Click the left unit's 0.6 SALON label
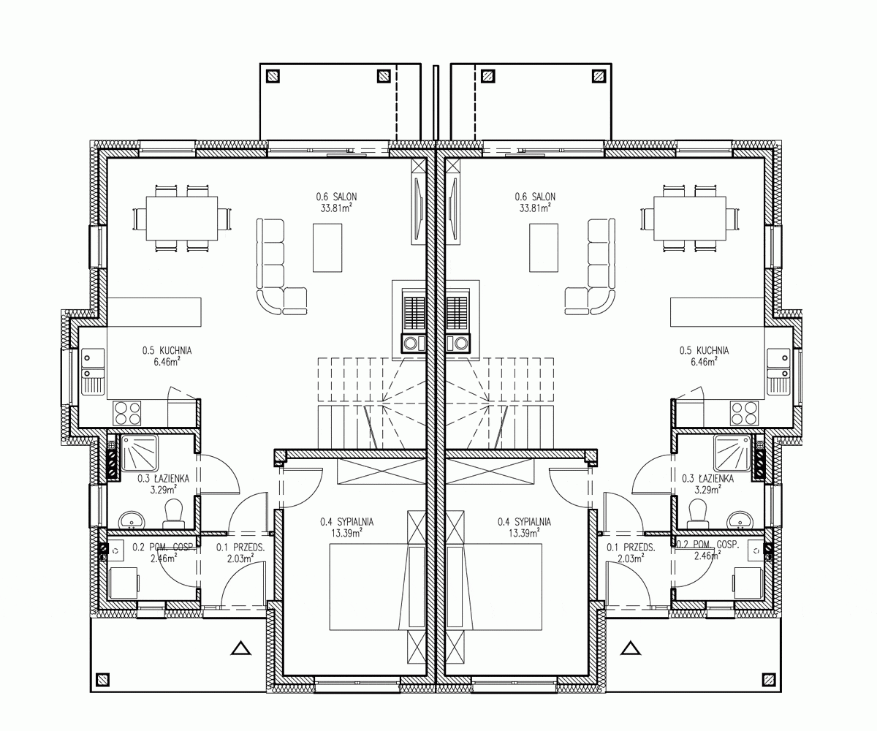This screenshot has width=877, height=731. click(x=336, y=197)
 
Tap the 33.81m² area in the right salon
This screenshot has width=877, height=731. click(x=535, y=208)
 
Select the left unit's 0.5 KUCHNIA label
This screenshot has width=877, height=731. click(x=167, y=350)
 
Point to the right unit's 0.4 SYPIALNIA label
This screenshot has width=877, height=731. click(x=524, y=522)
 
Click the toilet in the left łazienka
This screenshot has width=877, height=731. click(x=173, y=513)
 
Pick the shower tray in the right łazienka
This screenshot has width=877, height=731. click(x=732, y=453)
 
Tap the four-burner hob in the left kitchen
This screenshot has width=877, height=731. click(x=127, y=413)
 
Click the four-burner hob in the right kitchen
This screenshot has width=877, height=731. click(x=744, y=413)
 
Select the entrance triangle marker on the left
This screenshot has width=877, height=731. click(x=241, y=648)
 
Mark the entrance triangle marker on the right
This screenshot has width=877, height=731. click(x=631, y=648)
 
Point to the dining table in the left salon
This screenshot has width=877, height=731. click(x=182, y=218)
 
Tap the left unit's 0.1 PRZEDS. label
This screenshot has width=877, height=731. click(x=240, y=548)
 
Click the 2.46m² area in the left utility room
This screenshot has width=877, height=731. click(x=164, y=558)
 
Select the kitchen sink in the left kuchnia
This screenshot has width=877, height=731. click(x=93, y=371)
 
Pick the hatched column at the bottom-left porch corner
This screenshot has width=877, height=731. click(x=103, y=680)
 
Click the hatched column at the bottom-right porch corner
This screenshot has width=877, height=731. click(x=769, y=680)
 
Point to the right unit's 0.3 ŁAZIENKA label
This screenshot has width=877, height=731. click(x=707, y=479)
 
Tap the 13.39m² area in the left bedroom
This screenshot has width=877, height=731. click(x=346, y=533)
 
